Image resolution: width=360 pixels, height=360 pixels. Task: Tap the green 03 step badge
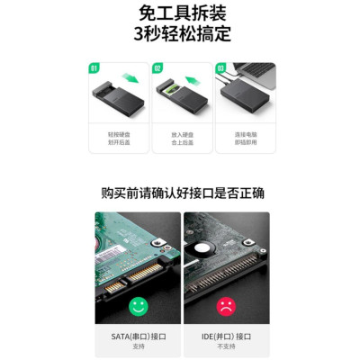tap(220, 67)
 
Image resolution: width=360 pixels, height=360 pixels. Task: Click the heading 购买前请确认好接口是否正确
tap(180, 193)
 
